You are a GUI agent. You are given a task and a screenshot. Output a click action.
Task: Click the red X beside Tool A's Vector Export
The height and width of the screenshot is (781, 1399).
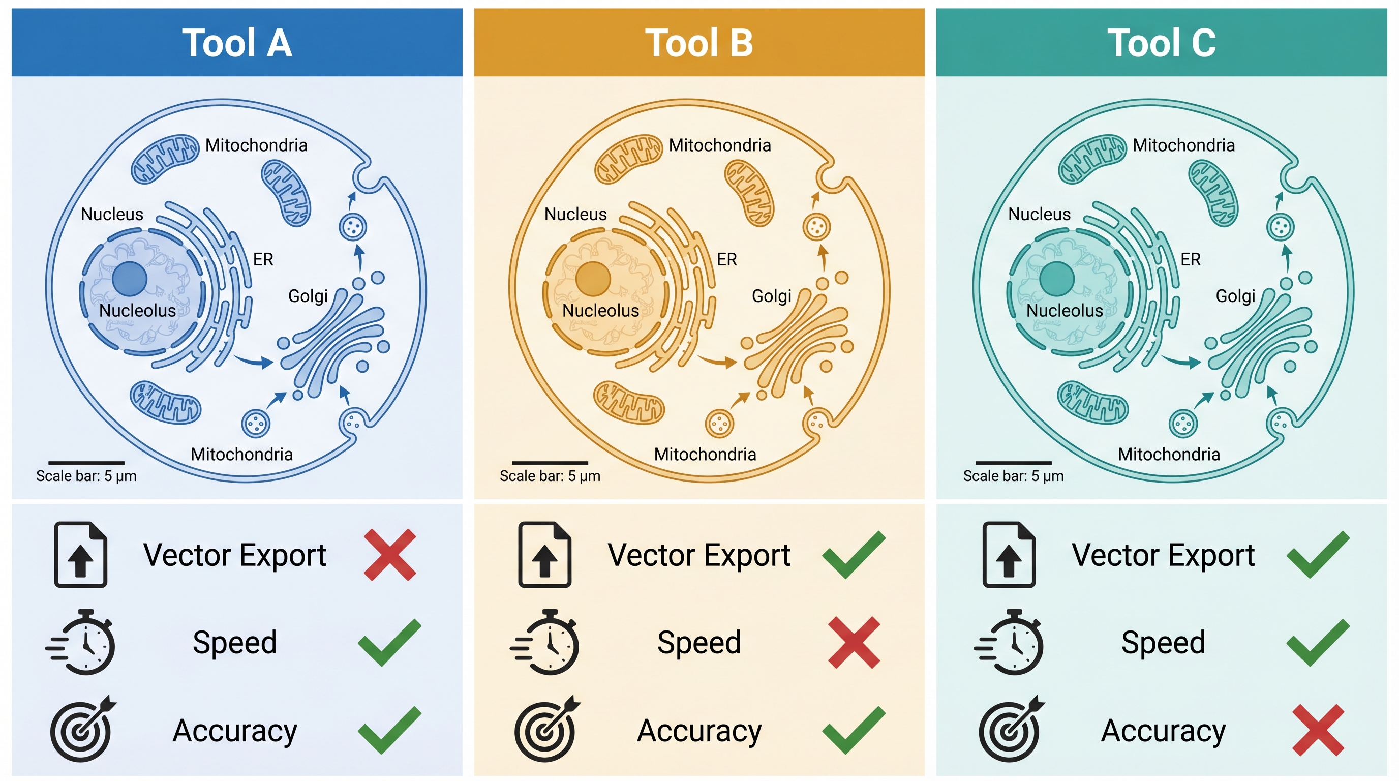(x=389, y=555)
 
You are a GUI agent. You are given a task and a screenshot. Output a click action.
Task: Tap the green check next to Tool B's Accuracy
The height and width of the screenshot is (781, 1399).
(x=854, y=730)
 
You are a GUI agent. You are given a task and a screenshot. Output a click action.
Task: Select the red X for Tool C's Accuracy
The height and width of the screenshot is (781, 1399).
(x=1318, y=730)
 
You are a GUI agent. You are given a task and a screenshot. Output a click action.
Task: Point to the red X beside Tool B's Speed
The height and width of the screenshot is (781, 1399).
(x=854, y=643)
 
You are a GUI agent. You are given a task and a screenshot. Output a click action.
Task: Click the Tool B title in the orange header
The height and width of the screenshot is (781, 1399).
(x=699, y=43)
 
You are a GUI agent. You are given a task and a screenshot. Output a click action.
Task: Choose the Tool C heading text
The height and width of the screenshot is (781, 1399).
(x=1162, y=43)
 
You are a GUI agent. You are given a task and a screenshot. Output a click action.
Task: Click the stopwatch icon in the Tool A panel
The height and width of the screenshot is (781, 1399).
(x=81, y=642)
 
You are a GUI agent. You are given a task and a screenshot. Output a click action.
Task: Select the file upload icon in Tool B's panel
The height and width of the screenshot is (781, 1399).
(x=545, y=555)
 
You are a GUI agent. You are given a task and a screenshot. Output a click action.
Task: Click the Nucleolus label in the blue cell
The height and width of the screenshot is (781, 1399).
(x=137, y=311)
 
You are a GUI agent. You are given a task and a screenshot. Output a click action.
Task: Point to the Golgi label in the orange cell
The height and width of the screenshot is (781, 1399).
(x=771, y=296)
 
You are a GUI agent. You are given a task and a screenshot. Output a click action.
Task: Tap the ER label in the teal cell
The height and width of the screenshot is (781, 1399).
(x=1191, y=260)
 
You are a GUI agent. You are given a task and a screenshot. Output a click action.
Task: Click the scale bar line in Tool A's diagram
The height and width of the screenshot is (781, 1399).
(x=86, y=463)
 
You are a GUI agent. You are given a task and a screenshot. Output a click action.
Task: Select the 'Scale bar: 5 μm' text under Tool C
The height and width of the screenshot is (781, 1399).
(x=1013, y=476)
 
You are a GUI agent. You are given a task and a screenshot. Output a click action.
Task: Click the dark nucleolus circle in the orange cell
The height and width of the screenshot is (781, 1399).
(x=593, y=279)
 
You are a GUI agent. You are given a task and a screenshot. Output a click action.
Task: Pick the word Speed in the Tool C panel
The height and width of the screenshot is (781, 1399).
(x=1163, y=643)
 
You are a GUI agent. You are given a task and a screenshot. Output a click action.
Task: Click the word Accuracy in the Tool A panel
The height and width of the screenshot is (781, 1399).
(x=235, y=731)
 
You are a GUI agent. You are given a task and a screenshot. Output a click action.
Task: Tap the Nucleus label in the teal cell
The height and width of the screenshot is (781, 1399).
(x=1040, y=215)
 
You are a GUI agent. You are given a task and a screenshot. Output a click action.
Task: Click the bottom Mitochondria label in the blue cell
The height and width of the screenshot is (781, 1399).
(x=241, y=454)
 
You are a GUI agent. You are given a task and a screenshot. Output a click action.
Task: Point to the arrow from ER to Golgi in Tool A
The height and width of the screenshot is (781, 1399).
(x=254, y=361)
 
